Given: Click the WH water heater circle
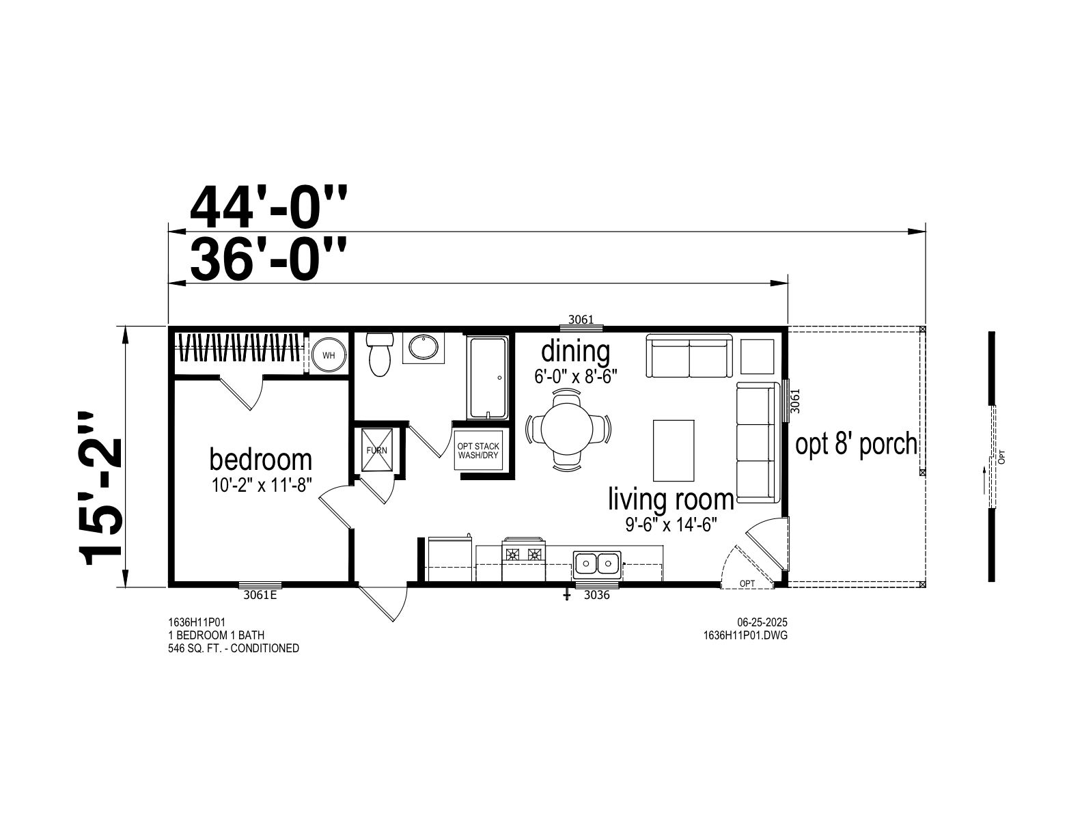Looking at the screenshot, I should (329, 355).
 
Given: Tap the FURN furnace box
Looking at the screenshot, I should (376, 450).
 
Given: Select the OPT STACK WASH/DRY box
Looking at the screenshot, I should (478, 451).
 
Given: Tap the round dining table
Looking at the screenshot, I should (567, 430).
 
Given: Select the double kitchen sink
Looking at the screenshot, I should (597, 563).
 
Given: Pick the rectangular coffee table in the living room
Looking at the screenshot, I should (674, 451).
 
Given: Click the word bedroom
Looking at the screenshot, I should (261, 460).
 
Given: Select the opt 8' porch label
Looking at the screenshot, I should (856, 445).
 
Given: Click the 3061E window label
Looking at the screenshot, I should (260, 595).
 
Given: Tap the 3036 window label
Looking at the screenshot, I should (596, 595).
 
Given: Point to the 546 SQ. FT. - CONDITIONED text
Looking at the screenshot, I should (233, 648).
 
